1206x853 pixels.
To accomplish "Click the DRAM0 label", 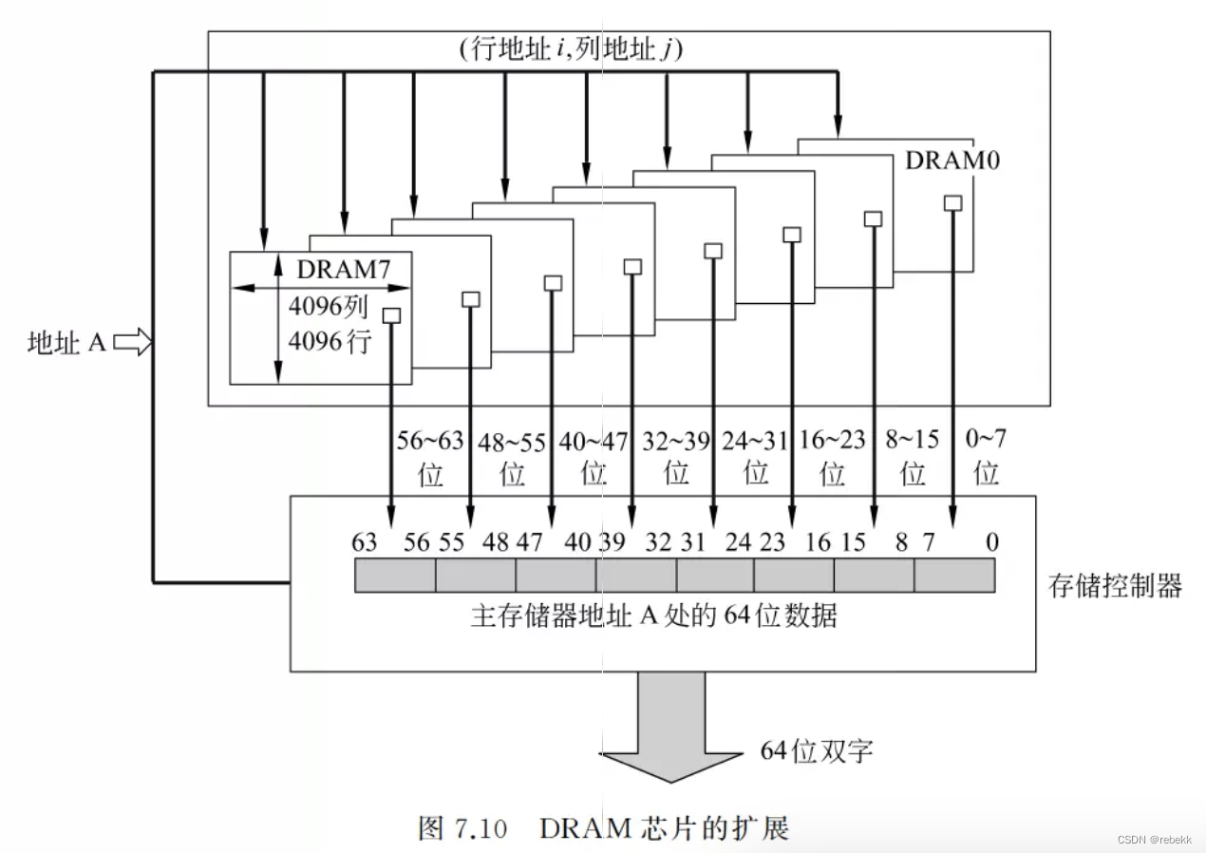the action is [x=952, y=160].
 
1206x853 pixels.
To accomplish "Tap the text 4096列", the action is [x=328, y=308].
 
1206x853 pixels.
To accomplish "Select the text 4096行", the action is [x=328, y=340].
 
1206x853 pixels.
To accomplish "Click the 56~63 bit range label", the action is [x=430, y=442].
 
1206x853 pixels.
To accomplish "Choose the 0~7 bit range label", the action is [x=987, y=442].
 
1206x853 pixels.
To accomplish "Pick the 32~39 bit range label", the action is [x=676, y=442].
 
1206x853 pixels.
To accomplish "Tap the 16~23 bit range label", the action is [x=833, y=442].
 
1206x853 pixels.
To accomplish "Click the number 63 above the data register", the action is [x=364, y=542].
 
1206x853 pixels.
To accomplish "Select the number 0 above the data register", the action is [x=991, y=542].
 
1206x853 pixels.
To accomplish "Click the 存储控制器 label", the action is [x=1115, y=585].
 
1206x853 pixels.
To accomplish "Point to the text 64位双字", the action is [x=817, y=750].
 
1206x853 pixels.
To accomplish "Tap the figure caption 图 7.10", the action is [x=462, y=827].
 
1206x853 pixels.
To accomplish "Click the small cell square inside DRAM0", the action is [x=952, y=202].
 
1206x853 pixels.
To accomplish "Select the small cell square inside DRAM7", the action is [x=392, y=315].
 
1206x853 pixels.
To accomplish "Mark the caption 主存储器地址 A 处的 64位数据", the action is [x=654, y=616].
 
